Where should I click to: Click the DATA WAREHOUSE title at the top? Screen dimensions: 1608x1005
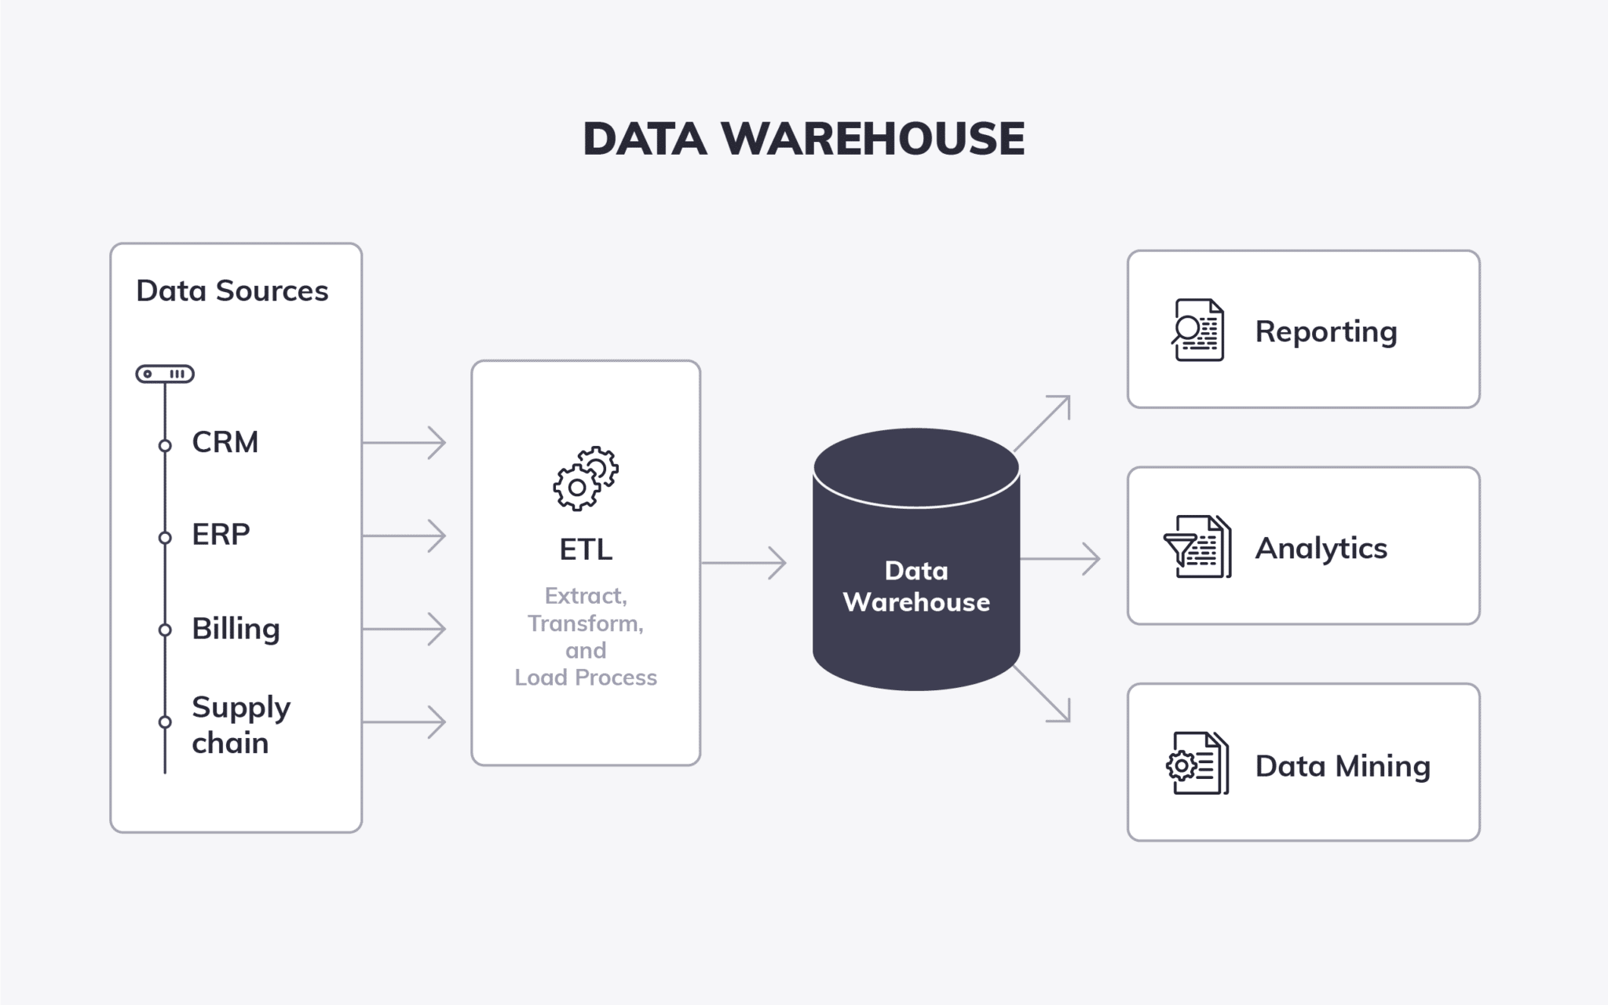tap(804, 139)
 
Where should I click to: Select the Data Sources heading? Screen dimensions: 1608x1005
tap(232, 291)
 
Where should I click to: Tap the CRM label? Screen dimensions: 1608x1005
tap(225, 442)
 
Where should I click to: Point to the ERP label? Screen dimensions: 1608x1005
tap(221, 535)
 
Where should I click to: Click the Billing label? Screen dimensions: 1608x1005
tap(236, 629)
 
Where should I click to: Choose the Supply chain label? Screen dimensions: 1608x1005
tap(241, 725)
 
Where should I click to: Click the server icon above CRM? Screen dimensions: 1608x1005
tap(165, 374)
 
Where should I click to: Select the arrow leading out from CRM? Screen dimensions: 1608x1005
tap(404, 443)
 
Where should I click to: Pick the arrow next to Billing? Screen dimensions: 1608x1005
tap(404, 629)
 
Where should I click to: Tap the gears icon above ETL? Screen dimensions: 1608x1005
tap(586, 478)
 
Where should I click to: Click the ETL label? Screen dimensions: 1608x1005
tap(586, 550)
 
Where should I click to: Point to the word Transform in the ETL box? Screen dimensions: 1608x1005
tap(586, 623)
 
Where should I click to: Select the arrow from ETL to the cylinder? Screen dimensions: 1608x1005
tap(744, 563)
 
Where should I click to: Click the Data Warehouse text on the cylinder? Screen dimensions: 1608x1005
tap(916, 586)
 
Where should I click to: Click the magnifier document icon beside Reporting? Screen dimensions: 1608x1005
tap(1197, 330)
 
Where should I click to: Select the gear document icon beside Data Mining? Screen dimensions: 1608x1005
tap(1197, 763)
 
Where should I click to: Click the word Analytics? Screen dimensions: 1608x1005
tap(1321, 549)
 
